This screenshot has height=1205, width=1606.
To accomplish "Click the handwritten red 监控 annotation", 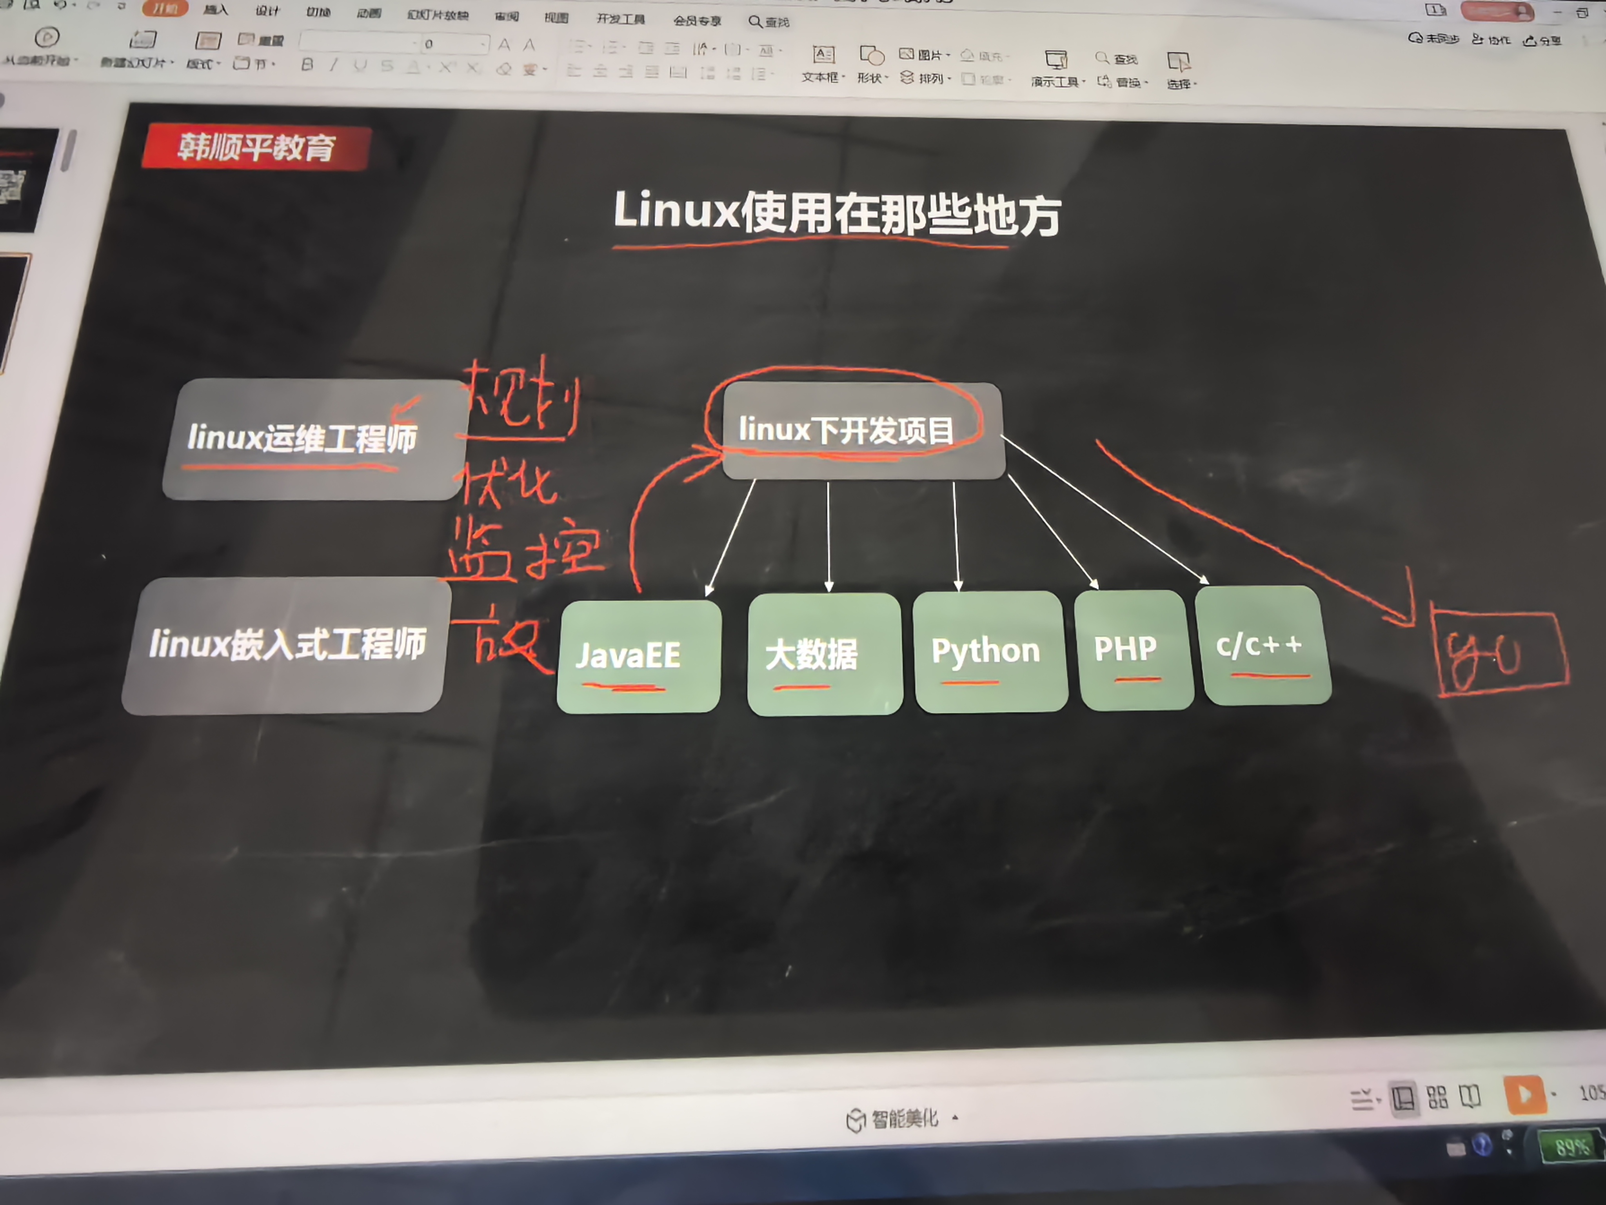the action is (x=524, y=553).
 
